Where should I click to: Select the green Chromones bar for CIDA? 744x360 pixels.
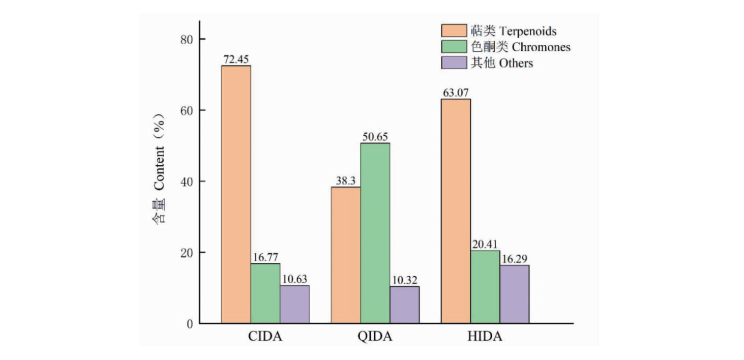pos(265,293)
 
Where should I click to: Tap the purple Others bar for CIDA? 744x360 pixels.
pos(294,304)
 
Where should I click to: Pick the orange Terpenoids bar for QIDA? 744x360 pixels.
pos(346,255)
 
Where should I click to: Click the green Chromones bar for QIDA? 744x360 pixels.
pos(375,233)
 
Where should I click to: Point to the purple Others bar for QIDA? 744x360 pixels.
pos(405,305)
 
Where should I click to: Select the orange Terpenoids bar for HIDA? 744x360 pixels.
pos(456,211)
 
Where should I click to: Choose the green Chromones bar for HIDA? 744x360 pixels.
pos(485,287)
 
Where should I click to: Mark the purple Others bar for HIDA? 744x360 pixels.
pos(514,294)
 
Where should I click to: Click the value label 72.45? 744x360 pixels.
pos(236,59)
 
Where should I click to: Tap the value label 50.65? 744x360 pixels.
pos(375,137)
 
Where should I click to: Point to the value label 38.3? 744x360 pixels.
pos(346,181)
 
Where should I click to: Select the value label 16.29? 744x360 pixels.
pos(515,259)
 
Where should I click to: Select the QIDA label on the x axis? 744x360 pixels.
pos(375,337)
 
